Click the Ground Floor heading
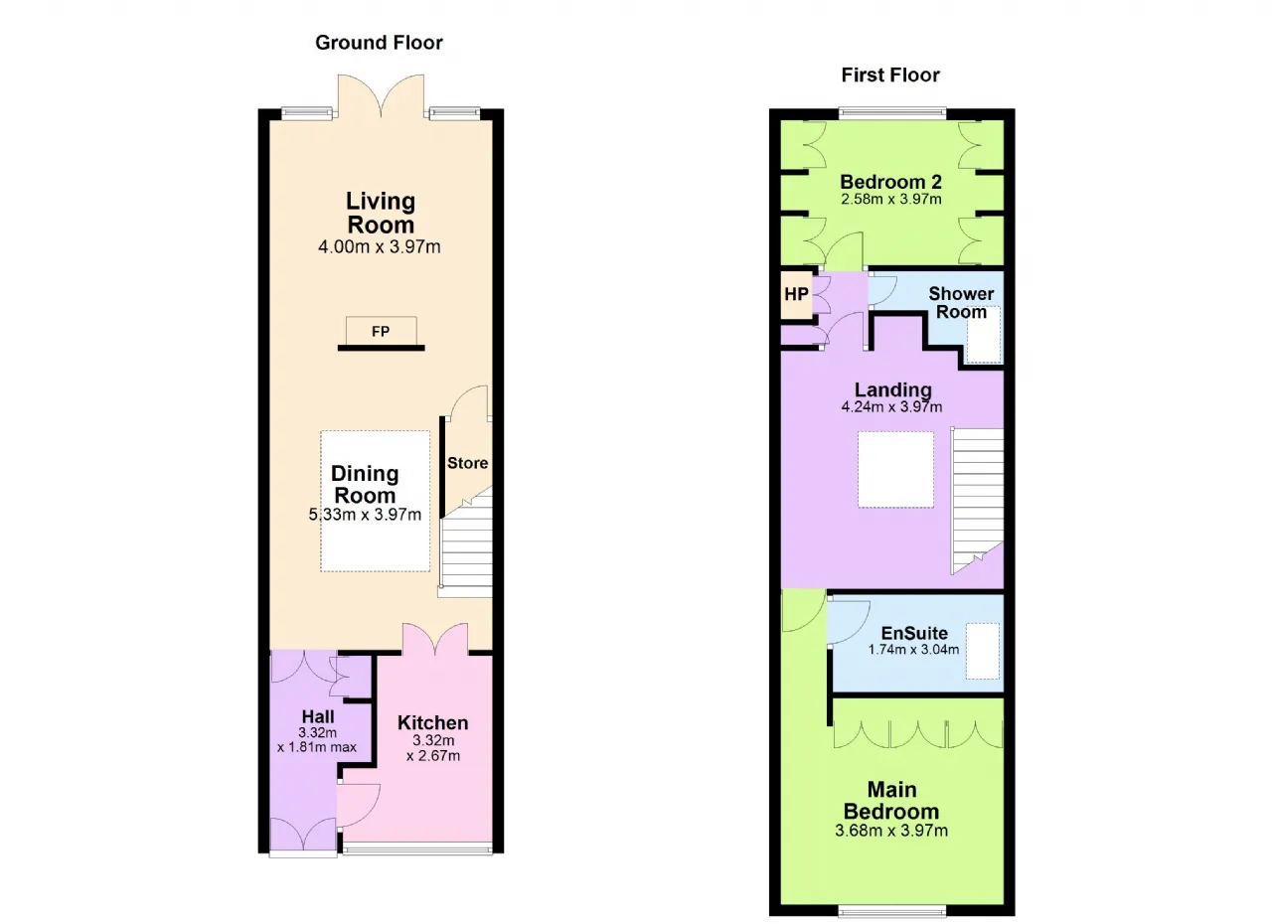[x=379, y=43]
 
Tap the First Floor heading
[x=890, y=75]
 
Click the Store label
[x=467, y=463]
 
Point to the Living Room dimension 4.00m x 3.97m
[x=380, y=246]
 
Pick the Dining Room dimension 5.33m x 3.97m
[x=365, y=515]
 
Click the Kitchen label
[x=432, y=722]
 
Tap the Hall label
[x=318, y=716]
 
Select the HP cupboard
[x=796, y=295]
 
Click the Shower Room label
[x=961, y=302]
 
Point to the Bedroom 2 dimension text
[x=891, y=200]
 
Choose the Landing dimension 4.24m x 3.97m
[x=891, y=406]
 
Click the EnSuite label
[x=914, y=633]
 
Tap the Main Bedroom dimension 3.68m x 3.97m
[x=891, y=831]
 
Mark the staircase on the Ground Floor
[x=466, y=542]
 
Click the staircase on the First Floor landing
[x=977, y=501]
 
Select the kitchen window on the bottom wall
[x=417, y=849]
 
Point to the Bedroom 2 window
[x=892, y=113]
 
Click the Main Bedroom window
[x=892, y=911]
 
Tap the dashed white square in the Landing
[x=895, y=469]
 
